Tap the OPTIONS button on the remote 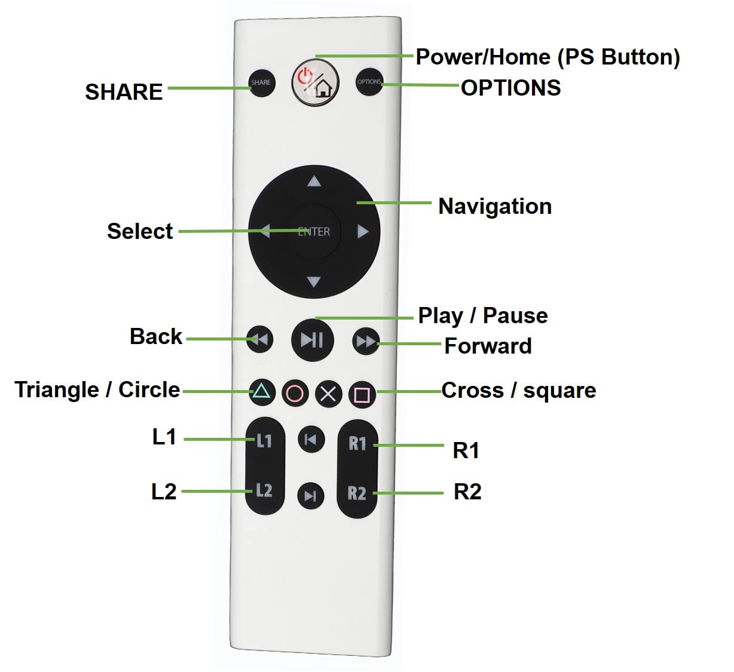pyautogui.click(x=369, y=82)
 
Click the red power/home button pyautogui.click(x=315, y=82)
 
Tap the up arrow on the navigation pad pyautogui.click(x=314, y=182)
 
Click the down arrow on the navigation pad pyautogui.click(x=314, y=281)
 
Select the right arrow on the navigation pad pyautogui.click(x=363, y=231)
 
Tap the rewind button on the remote pyautogui.click(x=260, y=340)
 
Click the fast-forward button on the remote pyautogui.click(x=365, y=341)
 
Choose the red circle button pyautogui.click(x=295, y=393)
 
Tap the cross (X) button pyautogui.click(x=328, y=394)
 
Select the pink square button pyautogui.click(x=362, y=395)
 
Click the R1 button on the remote pyautogui.click(x=357, y=443)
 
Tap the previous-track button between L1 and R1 pyautogui.click(x=311, y=440)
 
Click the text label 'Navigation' pyautogui.click(x=495, y=206)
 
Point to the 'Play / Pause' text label pyautogui.click(x=482, y=315)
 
